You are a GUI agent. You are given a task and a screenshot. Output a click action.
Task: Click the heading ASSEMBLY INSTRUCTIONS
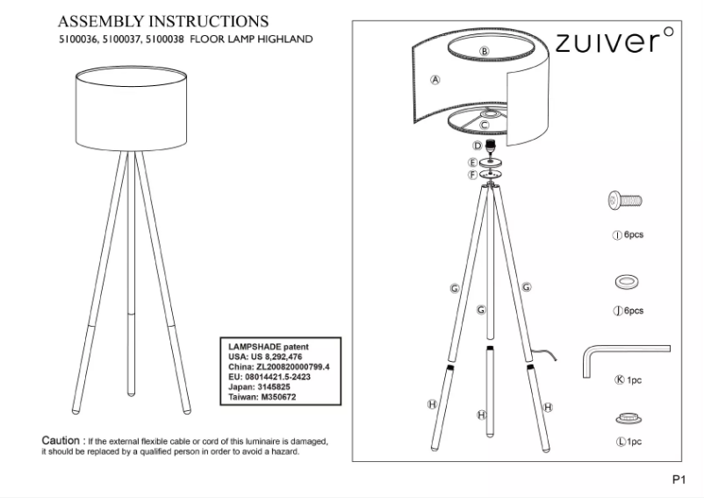coord(162,19)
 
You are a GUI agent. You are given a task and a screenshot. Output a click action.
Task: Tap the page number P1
coord(678,480)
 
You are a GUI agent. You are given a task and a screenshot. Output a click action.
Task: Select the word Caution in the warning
coord(61,439)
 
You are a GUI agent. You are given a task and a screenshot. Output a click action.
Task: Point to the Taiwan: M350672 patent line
coord(262,395)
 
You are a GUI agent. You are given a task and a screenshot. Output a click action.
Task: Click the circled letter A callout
coord(435,79)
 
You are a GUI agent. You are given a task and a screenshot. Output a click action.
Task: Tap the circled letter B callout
coord(484,51)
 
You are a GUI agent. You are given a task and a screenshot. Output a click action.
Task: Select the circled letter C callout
coord(484,126)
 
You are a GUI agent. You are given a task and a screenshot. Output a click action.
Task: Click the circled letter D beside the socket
coord(477,146)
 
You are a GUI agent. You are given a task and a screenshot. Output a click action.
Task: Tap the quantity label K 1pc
coord(629,380)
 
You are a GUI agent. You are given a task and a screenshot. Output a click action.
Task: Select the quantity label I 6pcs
coord(629,235)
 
